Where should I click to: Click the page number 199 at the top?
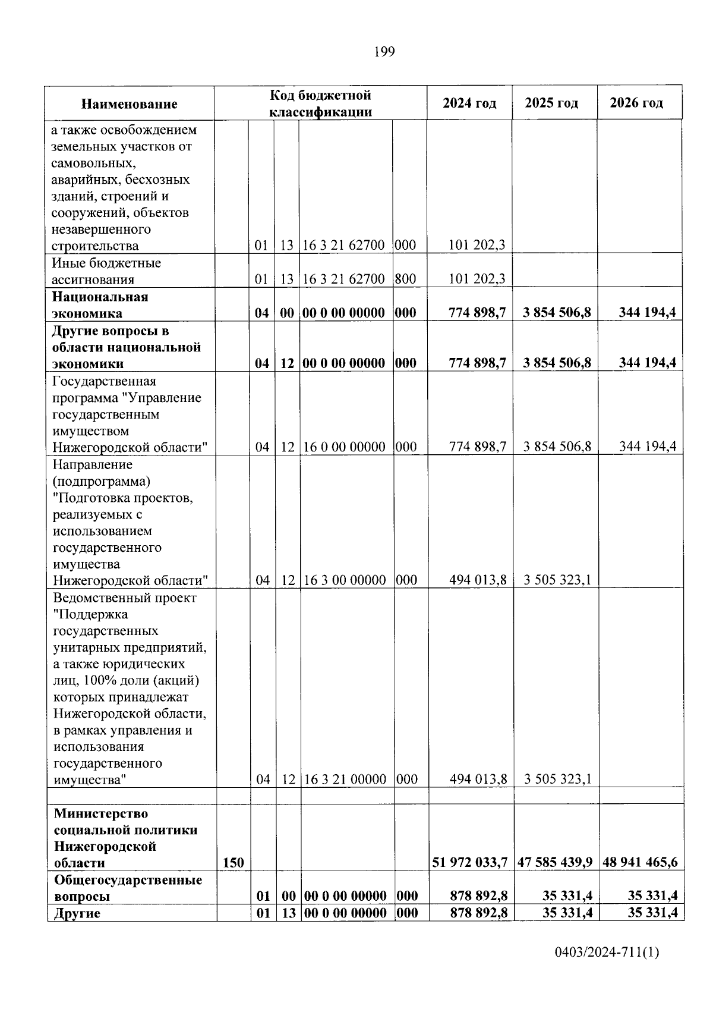click(384, 52)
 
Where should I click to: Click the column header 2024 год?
click(469, 103)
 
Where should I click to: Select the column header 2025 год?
click(551, 103)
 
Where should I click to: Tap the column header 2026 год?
click(636, 103)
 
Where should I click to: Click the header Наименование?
click(129, 104)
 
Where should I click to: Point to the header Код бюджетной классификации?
click(320, 103)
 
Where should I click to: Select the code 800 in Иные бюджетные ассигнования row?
click(405, 279)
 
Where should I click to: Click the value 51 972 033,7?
click(470, 862)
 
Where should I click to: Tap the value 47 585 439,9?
click(555, 862)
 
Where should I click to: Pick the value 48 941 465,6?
click(640, 862)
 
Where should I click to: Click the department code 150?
click(233, 862)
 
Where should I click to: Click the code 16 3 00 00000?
click(345, 580)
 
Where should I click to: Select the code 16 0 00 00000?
click(345, 447)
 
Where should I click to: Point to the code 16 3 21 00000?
click(345, 779)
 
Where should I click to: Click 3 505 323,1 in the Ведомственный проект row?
click(557, 779)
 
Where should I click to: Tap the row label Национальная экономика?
click(100, 304)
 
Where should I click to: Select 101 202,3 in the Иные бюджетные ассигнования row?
click(477, 279)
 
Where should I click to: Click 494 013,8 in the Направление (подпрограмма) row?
click(478, 580)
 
